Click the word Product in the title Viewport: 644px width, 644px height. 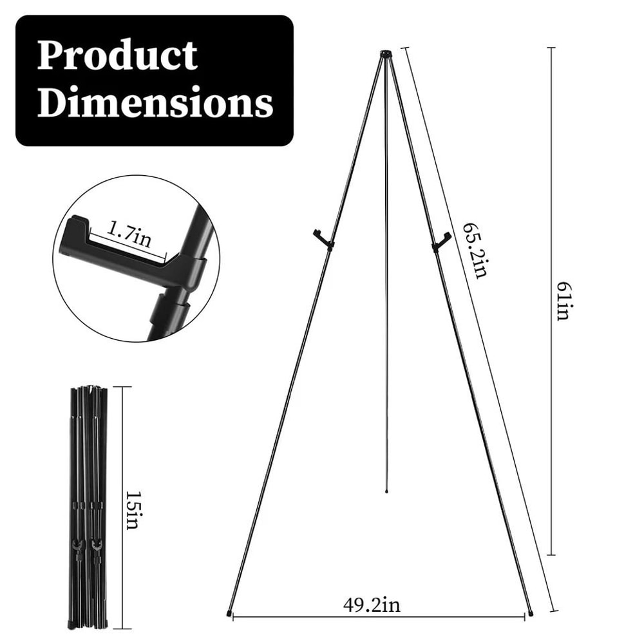coord(117,56)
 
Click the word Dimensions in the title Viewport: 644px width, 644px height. coord(155,103)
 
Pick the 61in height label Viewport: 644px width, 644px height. coord(563,301)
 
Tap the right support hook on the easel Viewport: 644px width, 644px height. coord(439,240)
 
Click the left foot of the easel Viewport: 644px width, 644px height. coord(230,612)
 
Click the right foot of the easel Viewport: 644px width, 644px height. coord(530,612)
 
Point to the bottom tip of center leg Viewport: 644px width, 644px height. coord(386,491)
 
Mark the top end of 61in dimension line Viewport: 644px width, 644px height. coord(551,48)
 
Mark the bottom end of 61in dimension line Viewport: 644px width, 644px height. coord(551,554)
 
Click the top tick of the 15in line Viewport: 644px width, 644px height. coord(122,387)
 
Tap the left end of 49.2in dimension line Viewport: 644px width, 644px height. coord(233,617)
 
